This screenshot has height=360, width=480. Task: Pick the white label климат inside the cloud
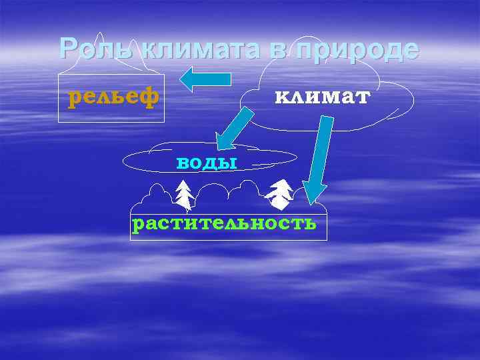[322, 97]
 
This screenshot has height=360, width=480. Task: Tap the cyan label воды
[207, 161]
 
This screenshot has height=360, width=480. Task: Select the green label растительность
[224, 223]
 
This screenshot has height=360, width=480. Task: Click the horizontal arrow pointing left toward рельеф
[205, 79]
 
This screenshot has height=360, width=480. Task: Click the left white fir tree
[184, 195]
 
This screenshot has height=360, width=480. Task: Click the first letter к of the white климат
[281, 98]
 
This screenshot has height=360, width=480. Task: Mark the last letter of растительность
[309, 223]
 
